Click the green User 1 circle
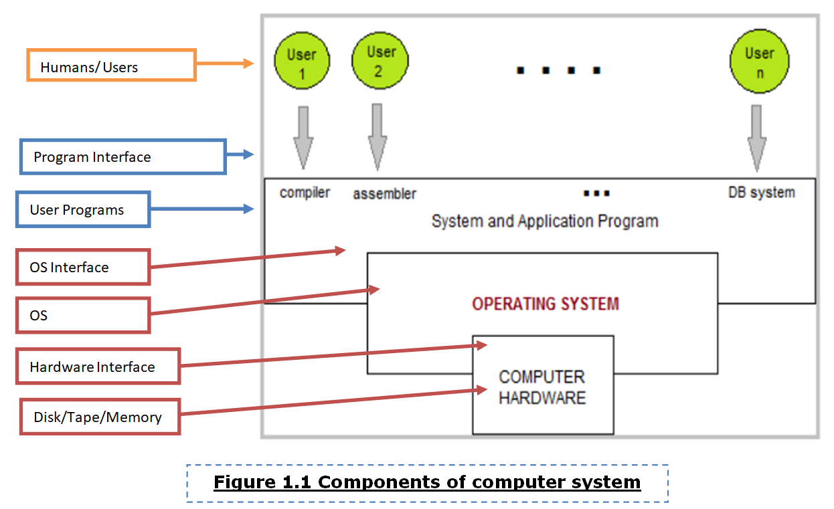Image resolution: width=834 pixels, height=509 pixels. point(302,64)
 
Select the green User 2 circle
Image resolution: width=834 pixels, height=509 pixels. point(378,61)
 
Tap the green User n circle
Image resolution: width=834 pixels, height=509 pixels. point(759,62)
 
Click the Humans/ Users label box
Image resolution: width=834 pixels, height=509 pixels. point(111,66)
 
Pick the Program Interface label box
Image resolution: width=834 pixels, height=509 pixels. point(122,157)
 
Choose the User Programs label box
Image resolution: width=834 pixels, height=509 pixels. point(83,209)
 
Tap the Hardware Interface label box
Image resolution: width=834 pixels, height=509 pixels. point(98,367)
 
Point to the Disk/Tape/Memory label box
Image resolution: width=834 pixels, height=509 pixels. point(100,417)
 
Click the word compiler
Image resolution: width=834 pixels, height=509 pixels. point(305,193)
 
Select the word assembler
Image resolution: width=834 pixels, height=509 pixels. point(384,194)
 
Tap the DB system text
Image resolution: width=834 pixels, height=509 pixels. point(761,193)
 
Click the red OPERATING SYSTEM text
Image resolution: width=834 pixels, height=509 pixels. point(545,304)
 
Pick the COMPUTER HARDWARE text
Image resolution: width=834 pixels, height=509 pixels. point(542,387)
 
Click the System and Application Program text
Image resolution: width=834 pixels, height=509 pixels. point(545,221)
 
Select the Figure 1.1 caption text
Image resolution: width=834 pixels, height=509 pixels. point(427,482)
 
